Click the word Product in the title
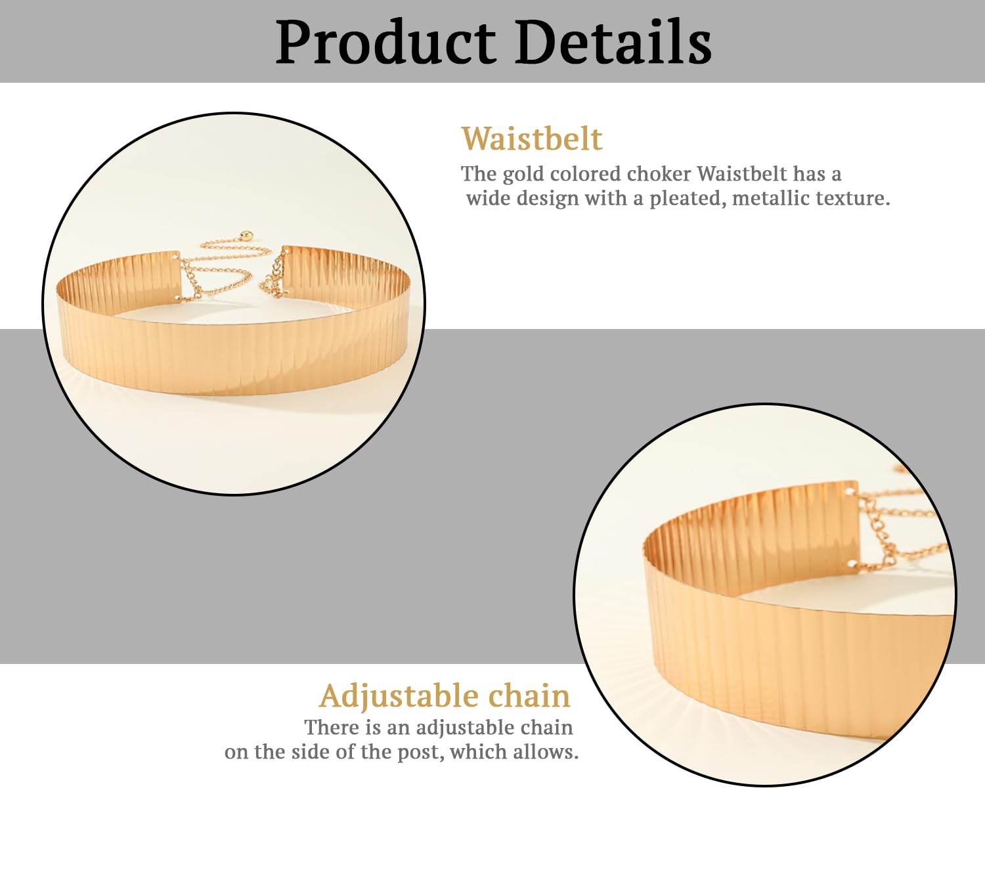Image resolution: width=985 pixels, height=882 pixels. [385, 42]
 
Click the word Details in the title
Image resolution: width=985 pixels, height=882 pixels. [613, 41]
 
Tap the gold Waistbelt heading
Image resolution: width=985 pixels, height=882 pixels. [532, 139]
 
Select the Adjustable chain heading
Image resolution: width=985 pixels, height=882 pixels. [445, 697]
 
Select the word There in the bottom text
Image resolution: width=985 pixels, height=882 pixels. [332, 728]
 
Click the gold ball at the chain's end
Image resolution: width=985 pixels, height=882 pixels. [248, 236]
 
